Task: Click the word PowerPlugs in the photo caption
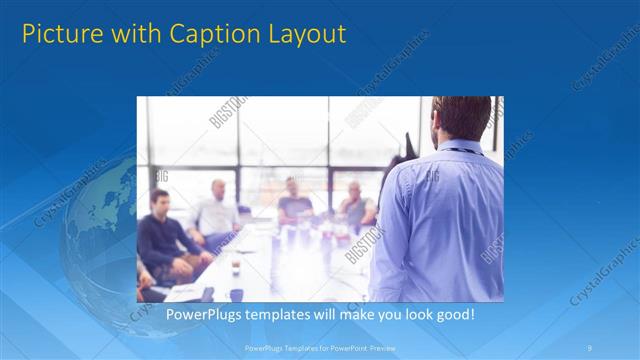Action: coord(201,314)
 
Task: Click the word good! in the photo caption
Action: coord(454,314)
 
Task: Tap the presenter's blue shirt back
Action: coord(440,220)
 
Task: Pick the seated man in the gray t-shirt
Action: coord(294,202)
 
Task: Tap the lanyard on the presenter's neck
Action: coord(460,151)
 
